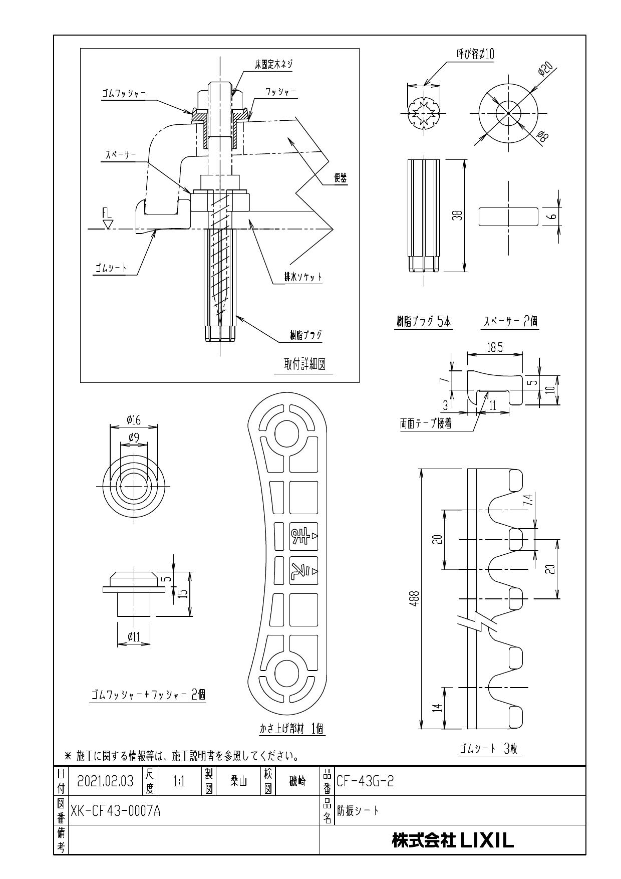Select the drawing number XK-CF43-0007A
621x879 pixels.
coord(115,810)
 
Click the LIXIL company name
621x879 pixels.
coord(453,840)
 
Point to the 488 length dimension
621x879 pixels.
coord(416,598)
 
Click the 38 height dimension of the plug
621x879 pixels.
coord(459,215)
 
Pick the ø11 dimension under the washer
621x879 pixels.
coord(133,637)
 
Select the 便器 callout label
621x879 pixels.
coord(341,177)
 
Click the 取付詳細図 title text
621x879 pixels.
coord(304,365)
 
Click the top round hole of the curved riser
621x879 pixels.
coord(284,431)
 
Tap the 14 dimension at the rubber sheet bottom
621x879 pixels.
coord(437,708)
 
